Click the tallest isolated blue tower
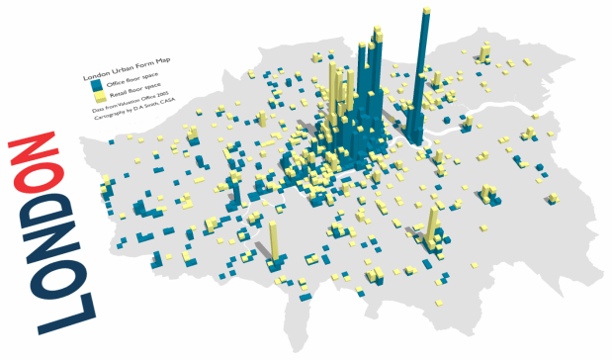point(422,79)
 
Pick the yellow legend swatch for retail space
point(100,97)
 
